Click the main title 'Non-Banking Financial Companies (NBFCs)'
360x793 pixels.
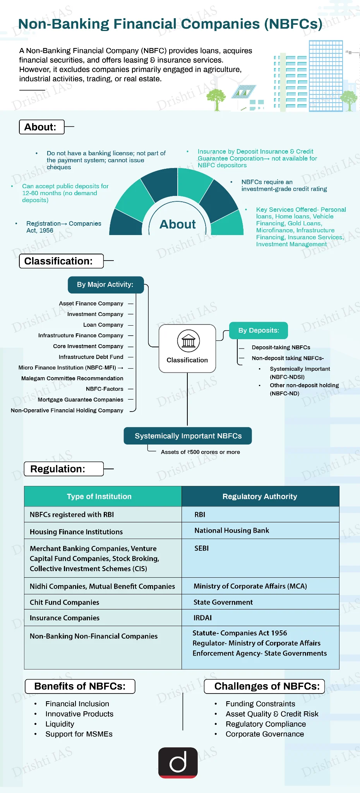(x=170, y=24)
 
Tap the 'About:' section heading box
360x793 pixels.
(x=42, y=127)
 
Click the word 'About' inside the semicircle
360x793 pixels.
(x=178, y=225)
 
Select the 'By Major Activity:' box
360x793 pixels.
(x=106, y=285)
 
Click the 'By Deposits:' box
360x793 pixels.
(x=259, y=330)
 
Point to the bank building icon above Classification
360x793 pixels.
(x=189, y=341)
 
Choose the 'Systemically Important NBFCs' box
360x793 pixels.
(x=188, y=436)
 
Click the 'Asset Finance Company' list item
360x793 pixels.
(x=91, y=304)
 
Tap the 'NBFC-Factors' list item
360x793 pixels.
(x=105, y=389)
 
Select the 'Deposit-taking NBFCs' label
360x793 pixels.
(x=281, y=347)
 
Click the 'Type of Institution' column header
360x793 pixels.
(x=99, y=496)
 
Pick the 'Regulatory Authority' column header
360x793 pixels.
(x=260, y=496)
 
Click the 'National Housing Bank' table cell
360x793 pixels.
(x=231, y=530)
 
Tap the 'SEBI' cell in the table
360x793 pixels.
(x=201, y=548)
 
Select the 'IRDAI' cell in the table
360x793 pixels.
(x=202, y=618)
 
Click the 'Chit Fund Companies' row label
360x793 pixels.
(x=64, y=602)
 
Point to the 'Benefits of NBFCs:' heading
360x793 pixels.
(x=80, y=686)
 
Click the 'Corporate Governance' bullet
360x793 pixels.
(x=265, y=734)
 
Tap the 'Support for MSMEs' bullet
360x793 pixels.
(x=79, y=734)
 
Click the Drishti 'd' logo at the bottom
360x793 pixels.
(x=178, y=762)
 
